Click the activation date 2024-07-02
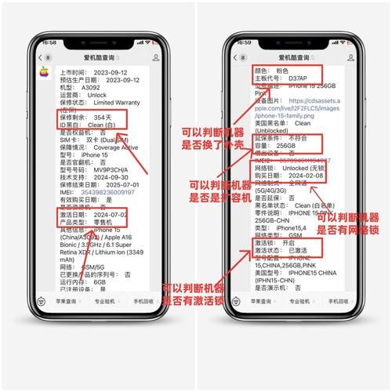tap(103, 213)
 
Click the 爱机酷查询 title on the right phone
tap(295, 57)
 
